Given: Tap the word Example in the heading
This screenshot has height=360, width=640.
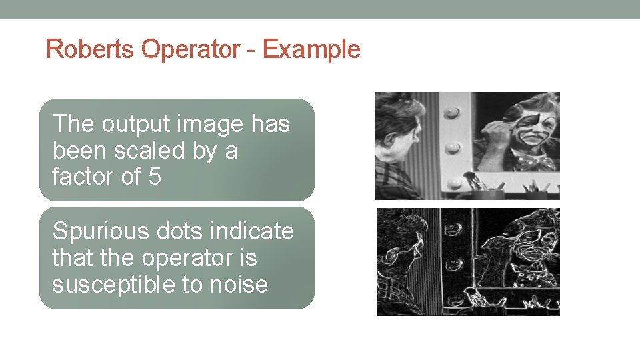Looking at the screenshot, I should point(311,49).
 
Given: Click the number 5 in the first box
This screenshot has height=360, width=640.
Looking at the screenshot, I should point(154,177).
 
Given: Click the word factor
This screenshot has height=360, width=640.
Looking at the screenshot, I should point(85,177).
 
